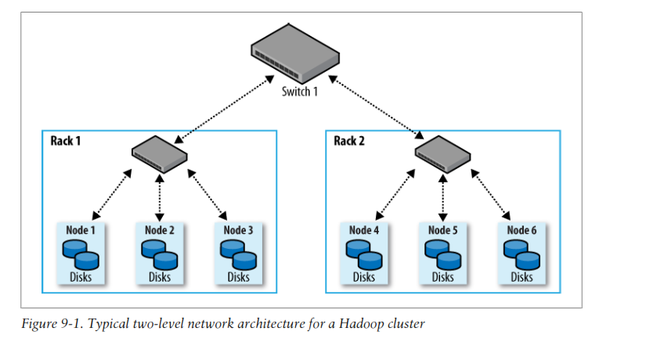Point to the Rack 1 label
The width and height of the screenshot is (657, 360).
pyautogui.click(x=67, y=141)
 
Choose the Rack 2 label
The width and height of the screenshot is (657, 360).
pyautogui.click(x=350, y=141)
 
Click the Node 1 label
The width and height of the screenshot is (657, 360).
pyautogui.click(x=81, y=230)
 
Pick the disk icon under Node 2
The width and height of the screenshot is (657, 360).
pyautogui.click(x=160, y=253)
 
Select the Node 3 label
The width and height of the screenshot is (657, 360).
pyautogui.click(x=238, y=230)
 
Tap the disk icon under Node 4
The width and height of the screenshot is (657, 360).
pyautogui.click(x=364, y=253)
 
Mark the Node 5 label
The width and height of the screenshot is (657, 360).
pyautogui.click(x=443, y=230)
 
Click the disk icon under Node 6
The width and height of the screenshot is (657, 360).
pyautogui.click(x=522, y=253)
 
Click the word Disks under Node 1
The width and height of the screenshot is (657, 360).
pyautogui.click(x=81, y=277)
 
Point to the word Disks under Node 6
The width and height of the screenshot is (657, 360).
pyautogui.click(x=522, y=277)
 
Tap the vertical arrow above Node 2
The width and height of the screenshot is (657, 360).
pyautogui.click(x=160, y=195)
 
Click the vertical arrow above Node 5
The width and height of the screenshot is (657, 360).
pyautogui.click(x=443, y=195)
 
